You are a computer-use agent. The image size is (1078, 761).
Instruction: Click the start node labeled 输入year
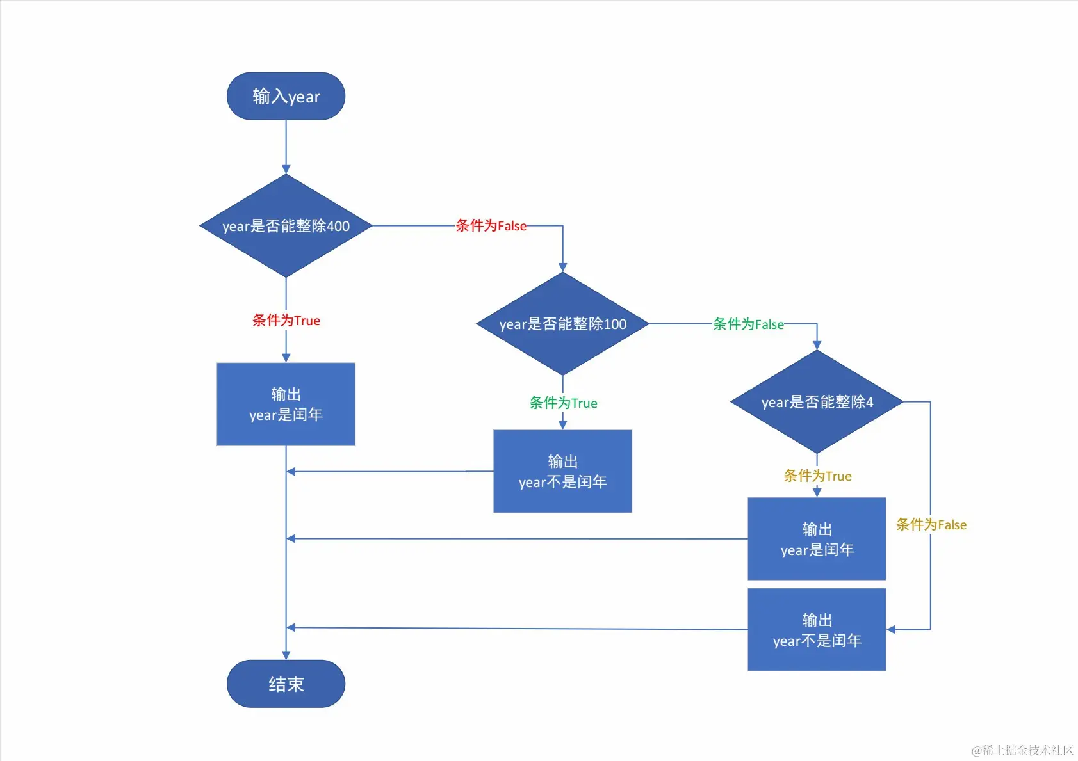click(x=286, y=96)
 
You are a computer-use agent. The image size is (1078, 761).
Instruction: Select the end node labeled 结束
click(x=286, y=684)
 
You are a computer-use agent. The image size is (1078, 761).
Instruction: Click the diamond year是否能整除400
click(x=286, y=226)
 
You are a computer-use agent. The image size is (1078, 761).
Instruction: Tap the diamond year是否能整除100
click(x=562, y=324)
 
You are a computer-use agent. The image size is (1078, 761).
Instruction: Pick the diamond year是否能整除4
click(x=817, y=402)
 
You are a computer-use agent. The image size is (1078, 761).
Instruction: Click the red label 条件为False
click(x=491, y=226)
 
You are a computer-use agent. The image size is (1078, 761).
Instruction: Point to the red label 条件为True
click(x=286, y=320)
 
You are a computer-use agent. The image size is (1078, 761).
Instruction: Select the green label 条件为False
click(x=748, y=324)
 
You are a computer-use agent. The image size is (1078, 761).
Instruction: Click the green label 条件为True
click(x=563, y=403)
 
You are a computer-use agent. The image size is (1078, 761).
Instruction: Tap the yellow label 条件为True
click(x=817, y=476)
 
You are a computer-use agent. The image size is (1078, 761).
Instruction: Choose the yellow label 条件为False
click(x=931, y=525)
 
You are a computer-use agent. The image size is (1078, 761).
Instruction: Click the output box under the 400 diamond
click(x=286, y=404)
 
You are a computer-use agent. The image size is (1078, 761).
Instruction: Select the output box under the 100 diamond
click(x=562, y=471)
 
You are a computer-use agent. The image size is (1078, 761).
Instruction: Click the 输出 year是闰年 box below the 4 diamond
click(x=817, y=539)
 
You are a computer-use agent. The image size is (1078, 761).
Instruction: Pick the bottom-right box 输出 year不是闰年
click(x=817, y=630)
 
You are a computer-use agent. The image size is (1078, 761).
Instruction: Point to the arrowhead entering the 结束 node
click(x=286, y=655)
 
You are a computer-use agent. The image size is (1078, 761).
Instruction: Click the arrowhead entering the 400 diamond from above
click(x=286, y=169)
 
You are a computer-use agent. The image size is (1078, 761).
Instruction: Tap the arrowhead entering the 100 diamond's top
click(x=562, y=267)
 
